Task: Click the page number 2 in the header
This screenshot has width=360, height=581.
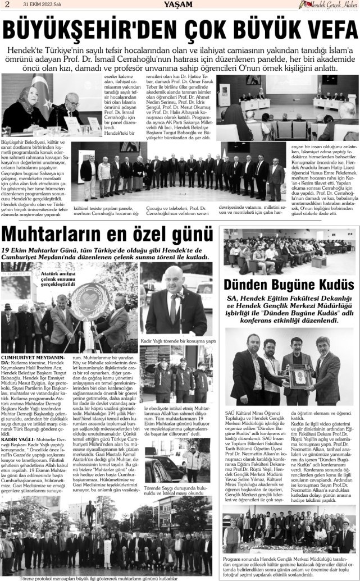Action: click(7, 5)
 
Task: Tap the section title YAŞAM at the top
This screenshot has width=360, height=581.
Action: click(180, 5)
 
